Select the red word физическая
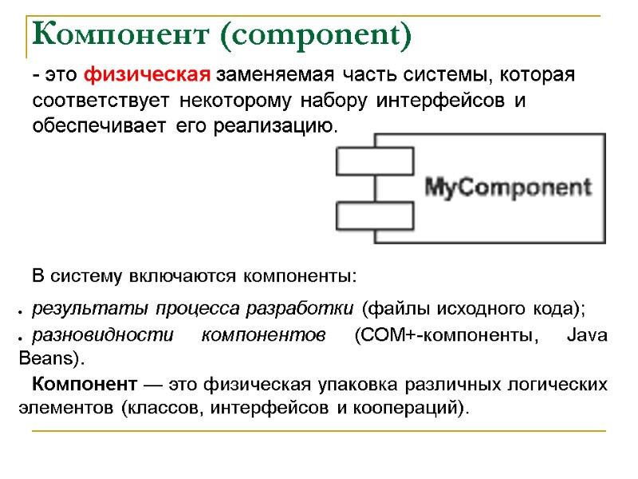coord(148,76)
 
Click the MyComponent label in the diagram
coord(508,188)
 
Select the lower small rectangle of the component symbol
coord(374,216)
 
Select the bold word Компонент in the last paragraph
coord(84,384)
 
